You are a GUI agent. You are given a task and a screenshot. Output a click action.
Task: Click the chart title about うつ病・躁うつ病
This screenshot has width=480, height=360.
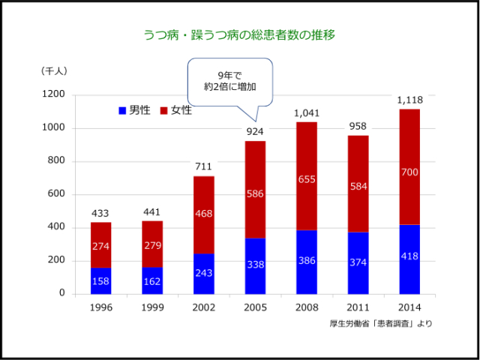click(x=239, y=35)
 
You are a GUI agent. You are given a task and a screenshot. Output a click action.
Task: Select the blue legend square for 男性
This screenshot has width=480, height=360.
click(x=123, y=111)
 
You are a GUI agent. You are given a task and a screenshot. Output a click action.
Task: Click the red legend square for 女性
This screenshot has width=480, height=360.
click(x=165, y=111)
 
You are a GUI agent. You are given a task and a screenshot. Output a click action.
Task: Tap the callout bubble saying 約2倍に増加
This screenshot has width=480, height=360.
click(x=229, y=81)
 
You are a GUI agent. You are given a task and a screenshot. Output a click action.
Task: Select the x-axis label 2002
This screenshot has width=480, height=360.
click(x=204, y=307)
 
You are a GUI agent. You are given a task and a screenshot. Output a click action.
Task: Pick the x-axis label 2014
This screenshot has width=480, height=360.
click(x=409, y=307)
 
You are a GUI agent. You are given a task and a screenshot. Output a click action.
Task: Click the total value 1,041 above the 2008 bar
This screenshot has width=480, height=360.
click(x=307, y=113)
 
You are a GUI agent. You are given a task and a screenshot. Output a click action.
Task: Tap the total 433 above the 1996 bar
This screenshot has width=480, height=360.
click(x=101, y=214)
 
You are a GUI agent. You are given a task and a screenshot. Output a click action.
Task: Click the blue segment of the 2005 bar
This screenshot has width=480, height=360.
click(x=256, y=266)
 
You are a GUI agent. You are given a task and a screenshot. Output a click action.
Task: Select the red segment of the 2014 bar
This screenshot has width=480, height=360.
click(x=409, y=166)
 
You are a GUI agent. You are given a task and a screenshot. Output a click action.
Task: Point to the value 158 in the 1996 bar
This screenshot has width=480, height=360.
click(x=101, y=281)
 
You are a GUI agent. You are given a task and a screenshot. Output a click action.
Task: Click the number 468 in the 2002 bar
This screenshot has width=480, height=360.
click(x=204, y=214)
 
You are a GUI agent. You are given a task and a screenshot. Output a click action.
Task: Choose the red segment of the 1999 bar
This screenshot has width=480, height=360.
click(x=153, y=244)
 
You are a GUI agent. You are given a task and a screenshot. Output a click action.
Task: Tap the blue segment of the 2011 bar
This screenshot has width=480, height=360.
click(x=358, y=262)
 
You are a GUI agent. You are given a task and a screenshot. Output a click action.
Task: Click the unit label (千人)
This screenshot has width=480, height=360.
click(x=54, y=71)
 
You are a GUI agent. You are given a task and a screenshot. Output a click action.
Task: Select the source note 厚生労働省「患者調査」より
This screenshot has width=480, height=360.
click(x=380, y=324)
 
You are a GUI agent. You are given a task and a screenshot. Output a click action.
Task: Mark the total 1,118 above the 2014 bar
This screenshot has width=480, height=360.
click(x=409, y=100)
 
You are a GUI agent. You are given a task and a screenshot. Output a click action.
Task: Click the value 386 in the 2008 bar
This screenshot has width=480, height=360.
click(x=307, y=262)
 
